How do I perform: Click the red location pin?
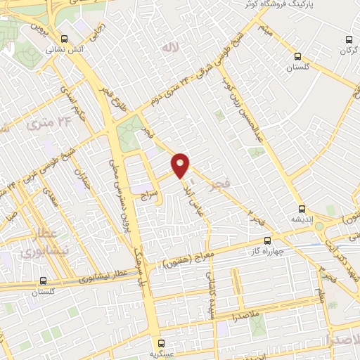point(181,165)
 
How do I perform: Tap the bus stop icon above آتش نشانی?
point(65,39)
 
